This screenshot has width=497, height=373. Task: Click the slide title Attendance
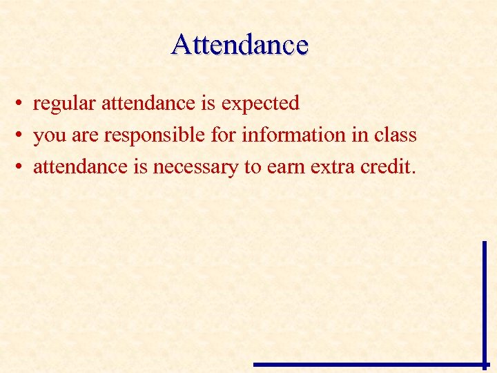240,45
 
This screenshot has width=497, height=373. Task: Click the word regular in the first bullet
65,104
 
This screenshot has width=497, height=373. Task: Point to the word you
49,136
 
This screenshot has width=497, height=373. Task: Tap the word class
395,135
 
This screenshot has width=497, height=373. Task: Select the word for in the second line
223,135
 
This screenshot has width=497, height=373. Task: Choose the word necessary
197,168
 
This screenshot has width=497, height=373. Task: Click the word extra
335,167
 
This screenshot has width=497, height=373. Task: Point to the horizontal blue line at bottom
369,364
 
